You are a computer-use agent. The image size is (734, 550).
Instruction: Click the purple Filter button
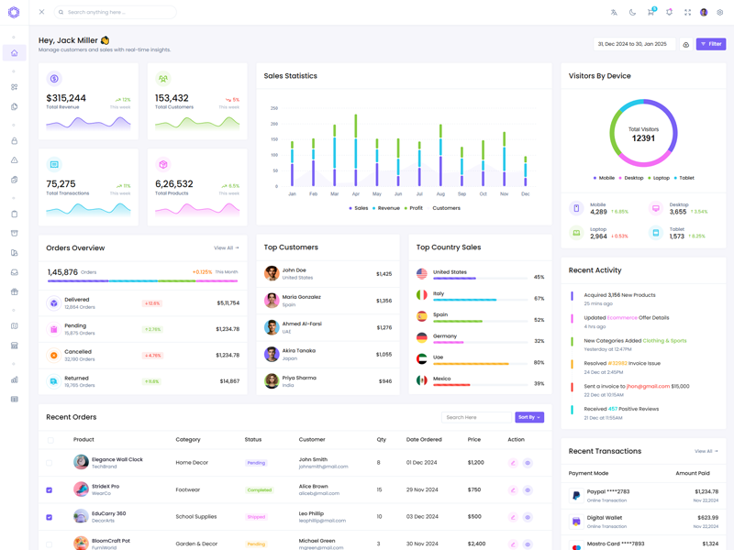pyautogui.click(x=711, y=44)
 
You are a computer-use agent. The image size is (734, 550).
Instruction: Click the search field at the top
pyautogui.click(x=117, y=12)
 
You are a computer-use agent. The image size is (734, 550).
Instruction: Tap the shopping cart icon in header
pyautogui.click(x=651, y=12)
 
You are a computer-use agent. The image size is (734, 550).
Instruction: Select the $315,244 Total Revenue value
pyautogui.click(x=66, y=98)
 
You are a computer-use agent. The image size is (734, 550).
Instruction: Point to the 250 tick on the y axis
pyautogui.click(x=273, y=108)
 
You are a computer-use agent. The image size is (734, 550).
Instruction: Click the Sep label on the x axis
pyautogui.click(x=462, y=194)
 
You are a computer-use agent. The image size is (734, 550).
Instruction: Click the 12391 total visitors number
pyautogui.click(x=643, y=138)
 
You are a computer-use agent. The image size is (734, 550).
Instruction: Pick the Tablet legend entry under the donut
pyautogui.click(x=684, y=178)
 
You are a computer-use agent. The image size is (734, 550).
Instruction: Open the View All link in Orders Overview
pyautogui.click(x=226, y=247)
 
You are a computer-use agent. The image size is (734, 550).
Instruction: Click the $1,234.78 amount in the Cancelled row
pyautogui.click(x=228, y=355)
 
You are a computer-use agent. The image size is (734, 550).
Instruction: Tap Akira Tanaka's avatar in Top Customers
pyautogui.click(x=272, y=354)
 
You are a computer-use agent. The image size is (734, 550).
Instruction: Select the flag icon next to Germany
pyautogui.click(x=422, y=338)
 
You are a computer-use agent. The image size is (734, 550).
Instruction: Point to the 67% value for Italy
pyautogui.click(x=539, y=298)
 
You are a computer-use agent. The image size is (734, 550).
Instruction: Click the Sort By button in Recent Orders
pyautogui.click(x=529, y=417)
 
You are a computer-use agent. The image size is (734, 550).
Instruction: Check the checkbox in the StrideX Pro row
pyautogui.click(x=50, y=489)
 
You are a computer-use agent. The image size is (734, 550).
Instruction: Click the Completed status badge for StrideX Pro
pyautogui.click(x=259, y=489)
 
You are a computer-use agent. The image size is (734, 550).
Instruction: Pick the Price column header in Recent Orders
pyautogui.click(x=474, y=440)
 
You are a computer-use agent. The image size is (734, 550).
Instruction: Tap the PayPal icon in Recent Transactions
pyautogui.click(x=576, y=496)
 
